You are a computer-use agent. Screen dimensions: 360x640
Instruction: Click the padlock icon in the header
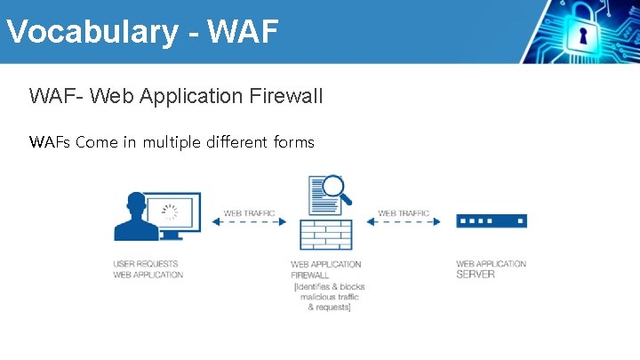(x=583, y=34)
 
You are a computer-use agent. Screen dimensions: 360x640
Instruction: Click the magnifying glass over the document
(x=335, y=188)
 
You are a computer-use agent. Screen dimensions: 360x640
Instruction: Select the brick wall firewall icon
(x=326, y=233)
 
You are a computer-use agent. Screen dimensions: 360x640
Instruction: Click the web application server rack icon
(x=492, y=220)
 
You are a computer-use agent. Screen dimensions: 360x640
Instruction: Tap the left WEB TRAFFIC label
(x=249, y=213)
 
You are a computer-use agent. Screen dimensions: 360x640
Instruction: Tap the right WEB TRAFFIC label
(x=404, y=213)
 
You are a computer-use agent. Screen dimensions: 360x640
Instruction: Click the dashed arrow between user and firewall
(x=249, y=222)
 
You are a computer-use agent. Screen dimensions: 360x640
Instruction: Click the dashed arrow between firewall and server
(x=404, y=222)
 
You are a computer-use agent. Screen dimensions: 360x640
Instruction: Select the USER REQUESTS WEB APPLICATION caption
(x=148, y=269)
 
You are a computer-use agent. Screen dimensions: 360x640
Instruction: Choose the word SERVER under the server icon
(x=476, y=275)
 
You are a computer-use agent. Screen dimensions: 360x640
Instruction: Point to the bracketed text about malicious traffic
(x=329, y=297)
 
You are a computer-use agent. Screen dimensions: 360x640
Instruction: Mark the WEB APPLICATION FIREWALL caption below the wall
(x=325, y=269)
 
